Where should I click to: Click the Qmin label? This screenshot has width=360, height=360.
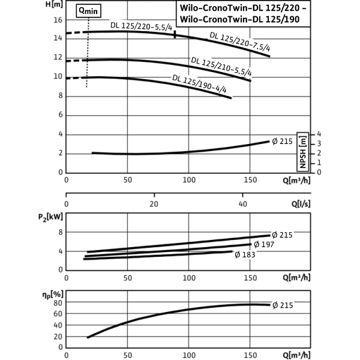coord(88,10)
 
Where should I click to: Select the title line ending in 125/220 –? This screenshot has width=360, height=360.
coord(244,9)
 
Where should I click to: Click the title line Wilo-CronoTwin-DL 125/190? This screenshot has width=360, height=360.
coord(244,20)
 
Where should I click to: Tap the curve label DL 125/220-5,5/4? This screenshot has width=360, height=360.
coord(141,26)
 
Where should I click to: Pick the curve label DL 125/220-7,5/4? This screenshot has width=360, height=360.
coord(240,43)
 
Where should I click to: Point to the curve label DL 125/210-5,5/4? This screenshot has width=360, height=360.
coord(221,66)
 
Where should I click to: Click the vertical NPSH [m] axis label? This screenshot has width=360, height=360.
coord(302,152)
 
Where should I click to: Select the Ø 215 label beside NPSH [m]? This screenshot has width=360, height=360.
coord(282,142)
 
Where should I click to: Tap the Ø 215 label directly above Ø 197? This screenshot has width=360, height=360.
coord(282,235)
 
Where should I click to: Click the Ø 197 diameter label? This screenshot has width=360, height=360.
coord(263,244)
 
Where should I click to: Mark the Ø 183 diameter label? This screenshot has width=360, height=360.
coord(245,254)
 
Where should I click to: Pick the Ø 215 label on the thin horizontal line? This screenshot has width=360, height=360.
coord(283,305)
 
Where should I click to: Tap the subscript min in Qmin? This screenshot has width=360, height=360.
coord(93,11)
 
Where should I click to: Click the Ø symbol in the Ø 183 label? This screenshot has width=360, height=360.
coord(238,254)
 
